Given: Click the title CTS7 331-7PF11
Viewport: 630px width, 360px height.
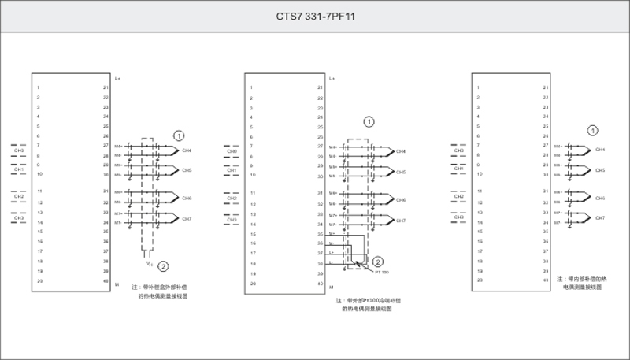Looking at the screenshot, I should (x=314, y=15).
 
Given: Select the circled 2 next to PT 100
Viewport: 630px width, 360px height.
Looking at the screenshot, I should (x=378, y=261).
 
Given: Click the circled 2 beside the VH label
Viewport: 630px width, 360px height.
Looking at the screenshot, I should (x=163, y=266).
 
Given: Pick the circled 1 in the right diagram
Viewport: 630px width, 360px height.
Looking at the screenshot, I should (x=593, y=130).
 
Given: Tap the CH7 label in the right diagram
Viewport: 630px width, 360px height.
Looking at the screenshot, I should (x=600, y=217).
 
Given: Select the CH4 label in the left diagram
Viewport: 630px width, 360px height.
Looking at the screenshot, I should (x=187, y=150).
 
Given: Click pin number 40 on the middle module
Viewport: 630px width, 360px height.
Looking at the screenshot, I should (x=320, y=284).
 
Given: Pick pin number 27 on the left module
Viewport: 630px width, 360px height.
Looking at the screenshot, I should (x=106, y=146).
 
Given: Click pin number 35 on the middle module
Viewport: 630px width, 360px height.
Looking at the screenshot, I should (x=320, y=234).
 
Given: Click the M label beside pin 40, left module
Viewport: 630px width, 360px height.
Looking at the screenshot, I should (x=117, y=281).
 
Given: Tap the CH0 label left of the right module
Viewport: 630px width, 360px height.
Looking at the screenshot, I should (x=458, y=149).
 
